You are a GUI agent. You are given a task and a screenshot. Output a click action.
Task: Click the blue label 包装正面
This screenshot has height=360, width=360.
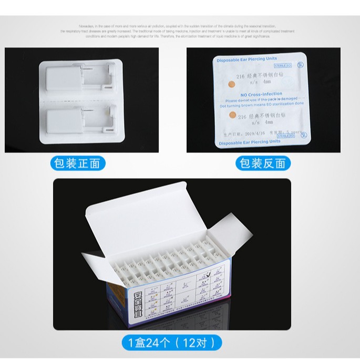(78, 163)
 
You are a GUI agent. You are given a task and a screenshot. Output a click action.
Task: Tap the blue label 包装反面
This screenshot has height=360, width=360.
(263, 163)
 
